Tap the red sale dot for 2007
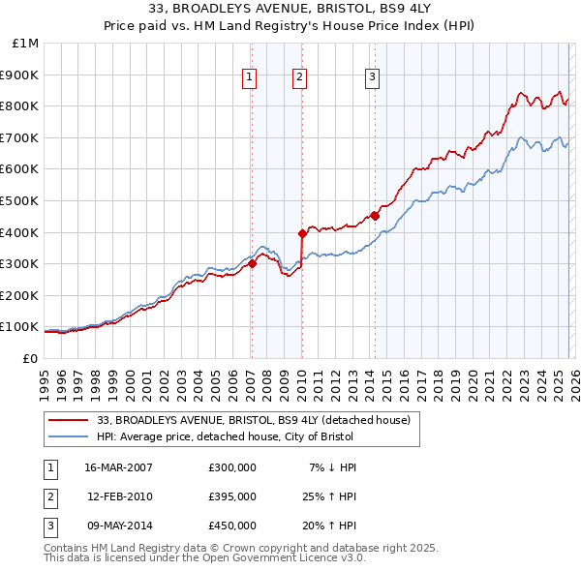252,263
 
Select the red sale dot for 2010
301,233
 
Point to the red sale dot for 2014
375,216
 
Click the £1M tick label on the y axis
26,44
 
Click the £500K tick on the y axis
21,201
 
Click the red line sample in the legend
69,420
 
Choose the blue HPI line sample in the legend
69,436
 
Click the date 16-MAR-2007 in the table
119,467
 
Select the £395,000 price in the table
232,496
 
